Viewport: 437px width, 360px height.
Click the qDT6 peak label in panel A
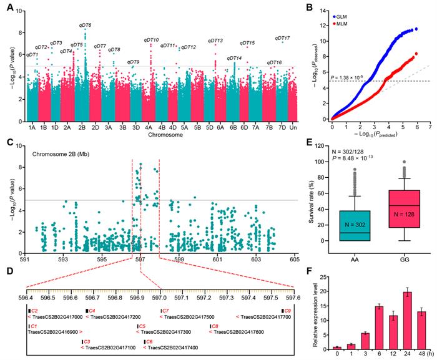[x=86, y=25]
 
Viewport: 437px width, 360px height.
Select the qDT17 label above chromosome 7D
[x=282, y=39]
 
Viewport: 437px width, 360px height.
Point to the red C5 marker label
[x=142, y=326]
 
